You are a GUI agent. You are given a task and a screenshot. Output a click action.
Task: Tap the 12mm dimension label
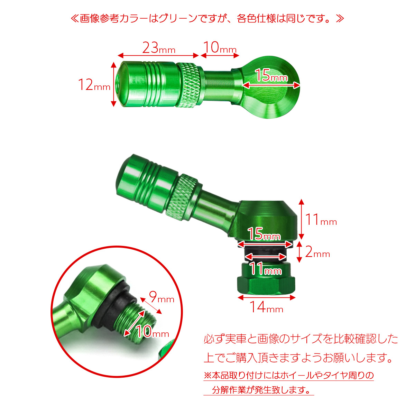94,84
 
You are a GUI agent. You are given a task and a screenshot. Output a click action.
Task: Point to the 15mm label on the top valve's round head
271,75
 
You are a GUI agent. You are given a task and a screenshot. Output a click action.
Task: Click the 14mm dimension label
266,307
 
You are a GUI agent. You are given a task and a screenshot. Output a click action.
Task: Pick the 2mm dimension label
317,252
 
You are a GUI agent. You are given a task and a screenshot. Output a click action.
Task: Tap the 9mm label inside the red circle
162,297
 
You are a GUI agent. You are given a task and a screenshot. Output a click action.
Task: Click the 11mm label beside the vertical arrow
321,220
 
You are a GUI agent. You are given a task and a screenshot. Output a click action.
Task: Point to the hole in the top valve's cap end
118,83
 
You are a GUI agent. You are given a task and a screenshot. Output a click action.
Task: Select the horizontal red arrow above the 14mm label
266,298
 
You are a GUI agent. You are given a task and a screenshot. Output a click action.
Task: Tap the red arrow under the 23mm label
158,56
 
